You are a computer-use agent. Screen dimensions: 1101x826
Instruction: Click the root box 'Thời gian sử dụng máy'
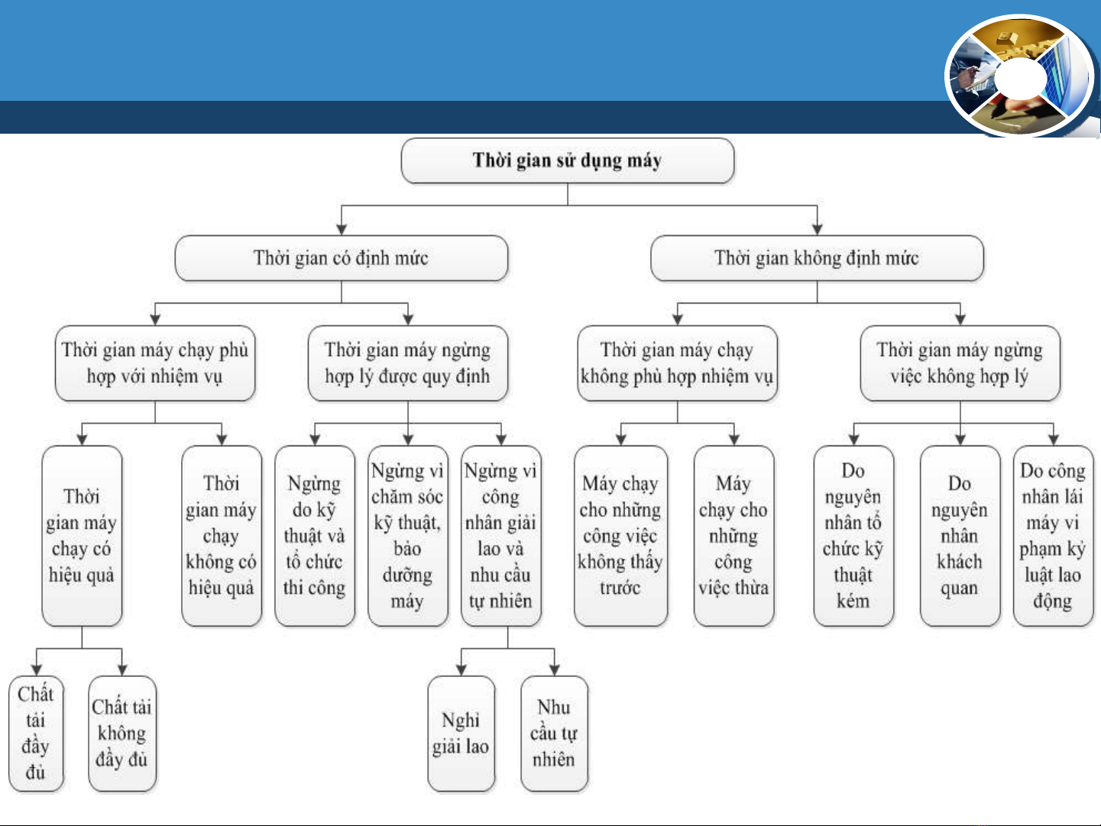567,160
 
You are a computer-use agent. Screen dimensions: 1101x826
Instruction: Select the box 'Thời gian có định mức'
341,258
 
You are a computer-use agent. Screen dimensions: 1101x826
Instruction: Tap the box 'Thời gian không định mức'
817,258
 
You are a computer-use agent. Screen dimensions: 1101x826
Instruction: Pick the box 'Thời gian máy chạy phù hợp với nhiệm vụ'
155,363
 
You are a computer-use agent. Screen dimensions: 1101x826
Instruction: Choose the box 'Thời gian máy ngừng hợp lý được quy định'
408,363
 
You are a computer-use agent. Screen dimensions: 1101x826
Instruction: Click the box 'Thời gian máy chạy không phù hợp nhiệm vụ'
677,363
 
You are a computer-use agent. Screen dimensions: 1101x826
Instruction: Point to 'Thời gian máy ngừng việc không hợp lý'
960,363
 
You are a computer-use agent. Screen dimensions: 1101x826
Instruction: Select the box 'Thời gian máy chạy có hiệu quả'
82,536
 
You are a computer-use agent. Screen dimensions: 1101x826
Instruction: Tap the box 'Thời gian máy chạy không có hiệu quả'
222,536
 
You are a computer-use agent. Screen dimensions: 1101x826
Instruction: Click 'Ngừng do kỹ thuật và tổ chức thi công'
315,536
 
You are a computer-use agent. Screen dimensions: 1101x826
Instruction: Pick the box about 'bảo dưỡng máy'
408,536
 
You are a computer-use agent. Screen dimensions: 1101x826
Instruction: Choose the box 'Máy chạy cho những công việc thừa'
733,536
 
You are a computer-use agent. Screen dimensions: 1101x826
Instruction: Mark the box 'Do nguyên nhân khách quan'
960,536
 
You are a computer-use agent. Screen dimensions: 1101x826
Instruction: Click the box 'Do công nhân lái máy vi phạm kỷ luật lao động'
1053,536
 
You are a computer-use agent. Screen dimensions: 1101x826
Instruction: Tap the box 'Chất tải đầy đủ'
36,734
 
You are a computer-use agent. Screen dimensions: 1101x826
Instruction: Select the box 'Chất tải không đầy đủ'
122,734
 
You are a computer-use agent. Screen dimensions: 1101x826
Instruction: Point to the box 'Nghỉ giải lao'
461,734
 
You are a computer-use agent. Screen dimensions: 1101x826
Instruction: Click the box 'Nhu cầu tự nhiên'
554,734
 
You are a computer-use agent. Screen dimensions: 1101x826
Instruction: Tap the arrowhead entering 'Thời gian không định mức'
817,230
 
